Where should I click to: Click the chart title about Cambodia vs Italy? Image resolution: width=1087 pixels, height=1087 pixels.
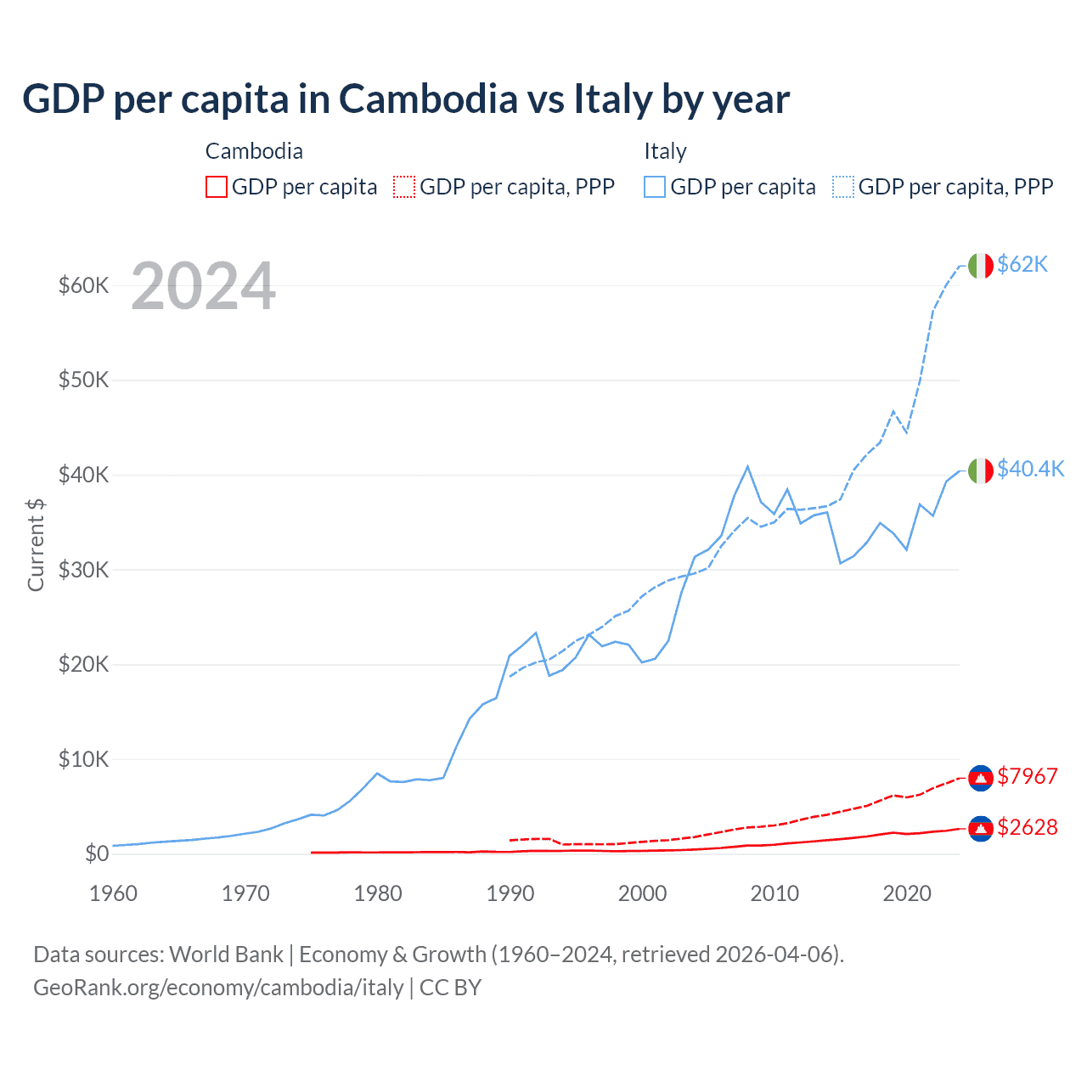pyautogui.click(x=406, y=99)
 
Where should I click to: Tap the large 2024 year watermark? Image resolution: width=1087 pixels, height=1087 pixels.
pyautogui.click(x=203, y=286)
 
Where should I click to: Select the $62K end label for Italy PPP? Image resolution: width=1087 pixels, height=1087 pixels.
pyautogui.click(x=1022, y=265)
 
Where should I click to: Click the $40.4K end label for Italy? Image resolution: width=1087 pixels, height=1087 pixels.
pyautogui.click(x=1030, y=470)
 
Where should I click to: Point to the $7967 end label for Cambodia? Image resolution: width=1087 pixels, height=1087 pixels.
pyautogui.click(x=1028, y=776)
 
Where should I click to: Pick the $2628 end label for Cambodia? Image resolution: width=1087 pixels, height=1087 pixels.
pyautogui.click(x=1028, y=827)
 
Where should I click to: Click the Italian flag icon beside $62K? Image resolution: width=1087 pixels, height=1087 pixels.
pyautogui.click(x=981, y=266)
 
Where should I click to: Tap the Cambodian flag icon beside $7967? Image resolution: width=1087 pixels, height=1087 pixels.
pyautogui.click(x=981, y=777)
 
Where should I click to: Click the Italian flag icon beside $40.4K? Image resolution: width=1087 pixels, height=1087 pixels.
pyautogui.click(x=981, y=470)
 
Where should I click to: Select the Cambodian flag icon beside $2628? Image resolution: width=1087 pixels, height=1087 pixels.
pyautogui.click(x=981, y=828)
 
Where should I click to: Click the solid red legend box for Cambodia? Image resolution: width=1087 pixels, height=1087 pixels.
pyautogui.click(x=217, y=187)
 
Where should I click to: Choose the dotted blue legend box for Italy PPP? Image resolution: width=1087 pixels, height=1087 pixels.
pyautogui.click(x=843, y=187)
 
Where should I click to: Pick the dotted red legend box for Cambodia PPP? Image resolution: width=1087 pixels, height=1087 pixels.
pyautogui.click(x=404, y=187)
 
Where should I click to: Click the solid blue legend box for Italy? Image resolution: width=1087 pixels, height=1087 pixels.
pyautogui.click(x=655, y=187)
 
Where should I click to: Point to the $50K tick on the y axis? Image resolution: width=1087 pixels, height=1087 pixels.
pyautogui.click(x=84, y=380)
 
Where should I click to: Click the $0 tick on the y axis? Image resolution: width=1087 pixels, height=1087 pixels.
pyautogui.click(x=97, y=854)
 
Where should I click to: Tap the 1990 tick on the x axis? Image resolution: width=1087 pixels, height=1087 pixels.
pyautogui.click(x=510, y=893)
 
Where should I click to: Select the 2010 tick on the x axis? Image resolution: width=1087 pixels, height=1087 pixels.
pyautogui.click(x=774, y=893)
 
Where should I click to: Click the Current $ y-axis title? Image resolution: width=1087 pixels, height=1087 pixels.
pyautogui.click(x=36, y=545)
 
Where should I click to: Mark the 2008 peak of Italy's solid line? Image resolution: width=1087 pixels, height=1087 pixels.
pyautogui.click(x=747, y=466)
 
